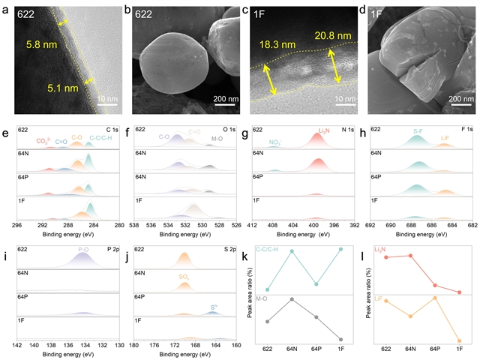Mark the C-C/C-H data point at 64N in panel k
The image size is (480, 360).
click(292, 250)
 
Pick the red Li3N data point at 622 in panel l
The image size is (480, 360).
click(387, 257)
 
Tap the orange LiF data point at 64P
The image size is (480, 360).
click(436, 298)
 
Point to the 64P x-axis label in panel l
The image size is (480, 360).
click(436, 349)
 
